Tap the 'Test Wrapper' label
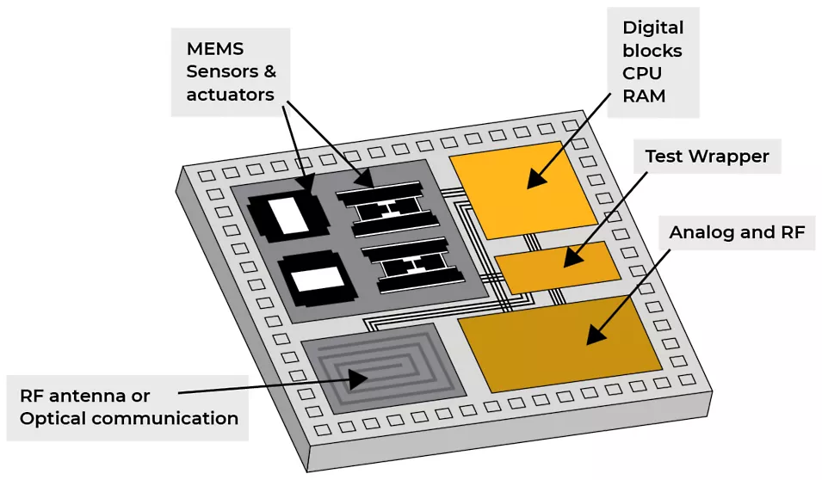707,157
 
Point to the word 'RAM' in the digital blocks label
644,95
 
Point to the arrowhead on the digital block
535,179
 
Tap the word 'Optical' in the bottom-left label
53,419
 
